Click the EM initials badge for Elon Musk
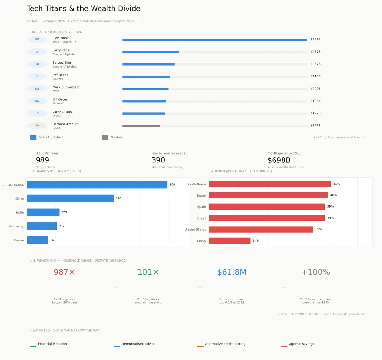point(37,40)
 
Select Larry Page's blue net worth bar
point(151,52)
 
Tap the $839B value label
point(315,40)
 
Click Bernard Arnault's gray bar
point(141,126)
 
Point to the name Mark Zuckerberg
point(66,87)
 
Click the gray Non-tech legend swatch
point(105,137)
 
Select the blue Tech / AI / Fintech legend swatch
point(33,137)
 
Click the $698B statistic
point(279,160)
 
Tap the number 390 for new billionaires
point(158,160)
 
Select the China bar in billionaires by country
point(70,198)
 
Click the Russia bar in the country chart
point(37,240)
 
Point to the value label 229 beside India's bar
point(64,212)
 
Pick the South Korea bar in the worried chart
point(270,184)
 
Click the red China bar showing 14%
point(230,241)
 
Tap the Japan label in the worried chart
point(202,196)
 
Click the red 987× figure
point(64,272)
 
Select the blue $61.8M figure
point(232,272)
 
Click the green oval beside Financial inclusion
point(33,346)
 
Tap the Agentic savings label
point(302,344)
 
